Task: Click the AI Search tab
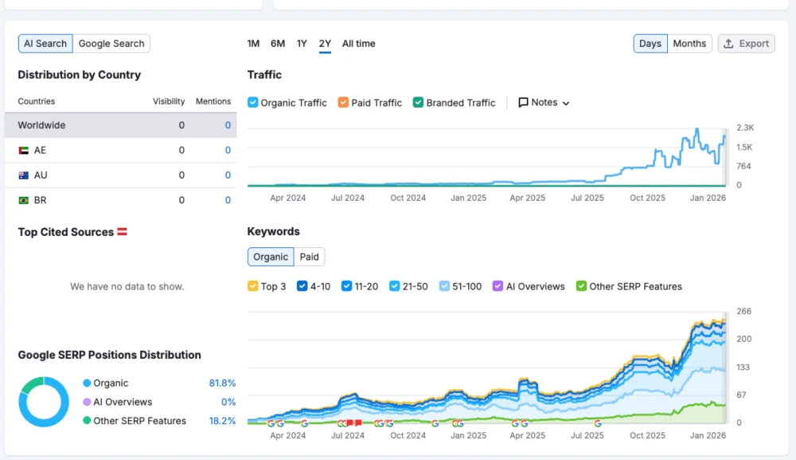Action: click(45, 44)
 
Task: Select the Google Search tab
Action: click(111, 44)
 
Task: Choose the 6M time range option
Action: click(278, 44)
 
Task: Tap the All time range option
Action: click(358, 44)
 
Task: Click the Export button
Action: click(746, 44)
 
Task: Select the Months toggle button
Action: click(689, 44)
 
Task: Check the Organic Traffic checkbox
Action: click(253, 103)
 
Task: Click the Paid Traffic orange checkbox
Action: click(343, 103)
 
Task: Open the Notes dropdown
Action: click(544, 103)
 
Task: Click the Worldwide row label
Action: click(41, 125)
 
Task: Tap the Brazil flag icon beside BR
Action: click(23, 200)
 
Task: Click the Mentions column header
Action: click(213, 101)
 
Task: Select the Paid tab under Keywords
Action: click(310, 257)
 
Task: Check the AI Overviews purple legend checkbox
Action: click(498, 286)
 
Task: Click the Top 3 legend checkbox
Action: click(253, 286)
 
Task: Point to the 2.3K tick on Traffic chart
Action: click(744, 128)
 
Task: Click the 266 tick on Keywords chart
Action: click(743, 312)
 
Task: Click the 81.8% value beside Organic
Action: click(222, 383)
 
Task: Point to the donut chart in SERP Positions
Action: click(44, 402)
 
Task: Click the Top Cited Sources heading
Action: click(66, 232)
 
